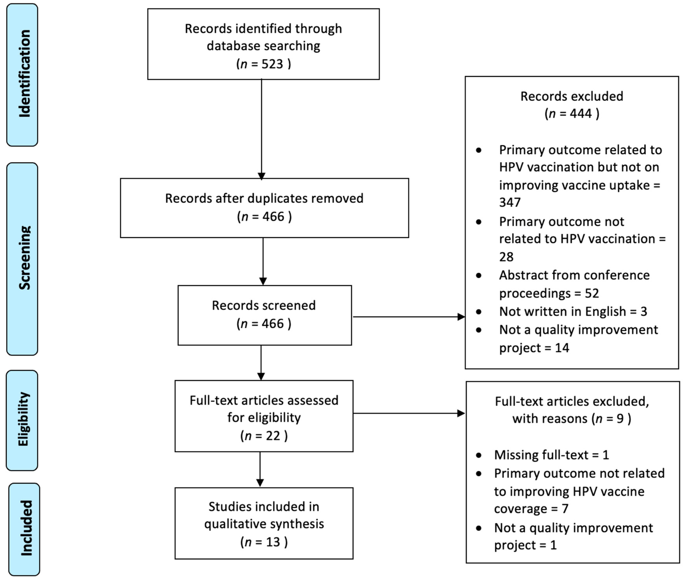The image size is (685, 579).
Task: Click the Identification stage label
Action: [24, 74]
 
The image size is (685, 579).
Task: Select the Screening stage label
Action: [24, 258]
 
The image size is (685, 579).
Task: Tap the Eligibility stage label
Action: [23, 419]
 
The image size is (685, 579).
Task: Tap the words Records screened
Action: [264, 305]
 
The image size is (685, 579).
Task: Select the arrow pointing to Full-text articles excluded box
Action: [409, 413]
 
